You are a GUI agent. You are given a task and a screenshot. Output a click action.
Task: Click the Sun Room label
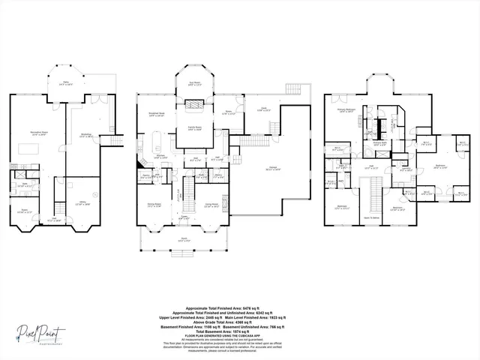[x=196, y=84]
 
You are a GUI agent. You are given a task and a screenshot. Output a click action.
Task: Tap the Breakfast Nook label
[x=157, y=115]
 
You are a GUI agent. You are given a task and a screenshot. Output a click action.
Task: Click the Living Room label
[x=212, y=205]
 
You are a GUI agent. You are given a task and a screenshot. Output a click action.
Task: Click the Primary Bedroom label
[x=345, y=110]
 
